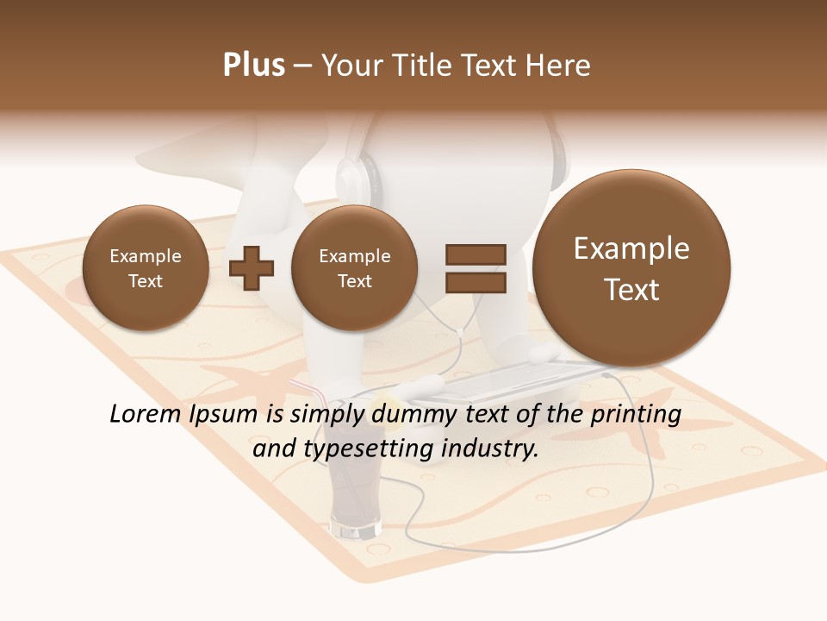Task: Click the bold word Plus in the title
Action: (x=253, y=66)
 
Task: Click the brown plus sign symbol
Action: (x=252, y=267)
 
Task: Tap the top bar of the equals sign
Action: (x=475, y=254)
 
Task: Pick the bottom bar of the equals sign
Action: (x=475, y=281)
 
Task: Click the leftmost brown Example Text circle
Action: (x=145, y=268)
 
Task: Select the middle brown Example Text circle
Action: (x=354, y=268)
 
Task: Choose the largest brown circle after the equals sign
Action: (x=631, y=268)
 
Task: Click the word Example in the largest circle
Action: (x=631, y=248)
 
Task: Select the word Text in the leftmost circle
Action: (x=145, y=281)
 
